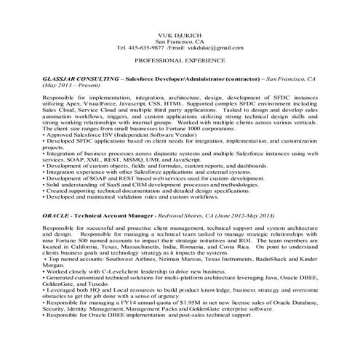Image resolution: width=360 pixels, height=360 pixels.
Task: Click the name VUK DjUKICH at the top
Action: point(180,36)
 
